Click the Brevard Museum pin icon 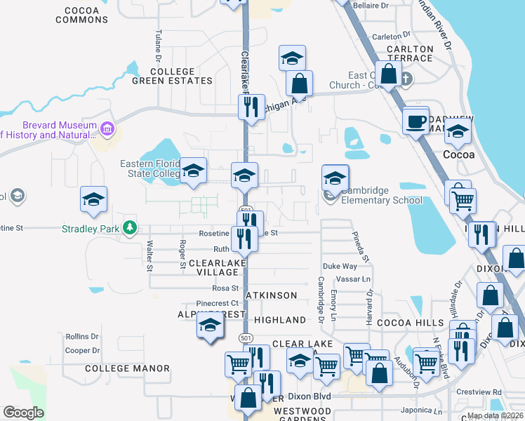[x=107, y=129]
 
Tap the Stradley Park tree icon [x=129, y=227]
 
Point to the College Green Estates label [x=172, y=76]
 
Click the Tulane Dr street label [x=159, y=44]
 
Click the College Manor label [x=127, y=368]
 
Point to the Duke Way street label [x=340, y=267]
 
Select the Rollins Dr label [x=82, y=337]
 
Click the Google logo [x=23, y=412]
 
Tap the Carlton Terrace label [x=411, y=54]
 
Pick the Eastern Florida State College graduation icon [x=193, y=171]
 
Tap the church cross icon [x=406, y=77]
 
